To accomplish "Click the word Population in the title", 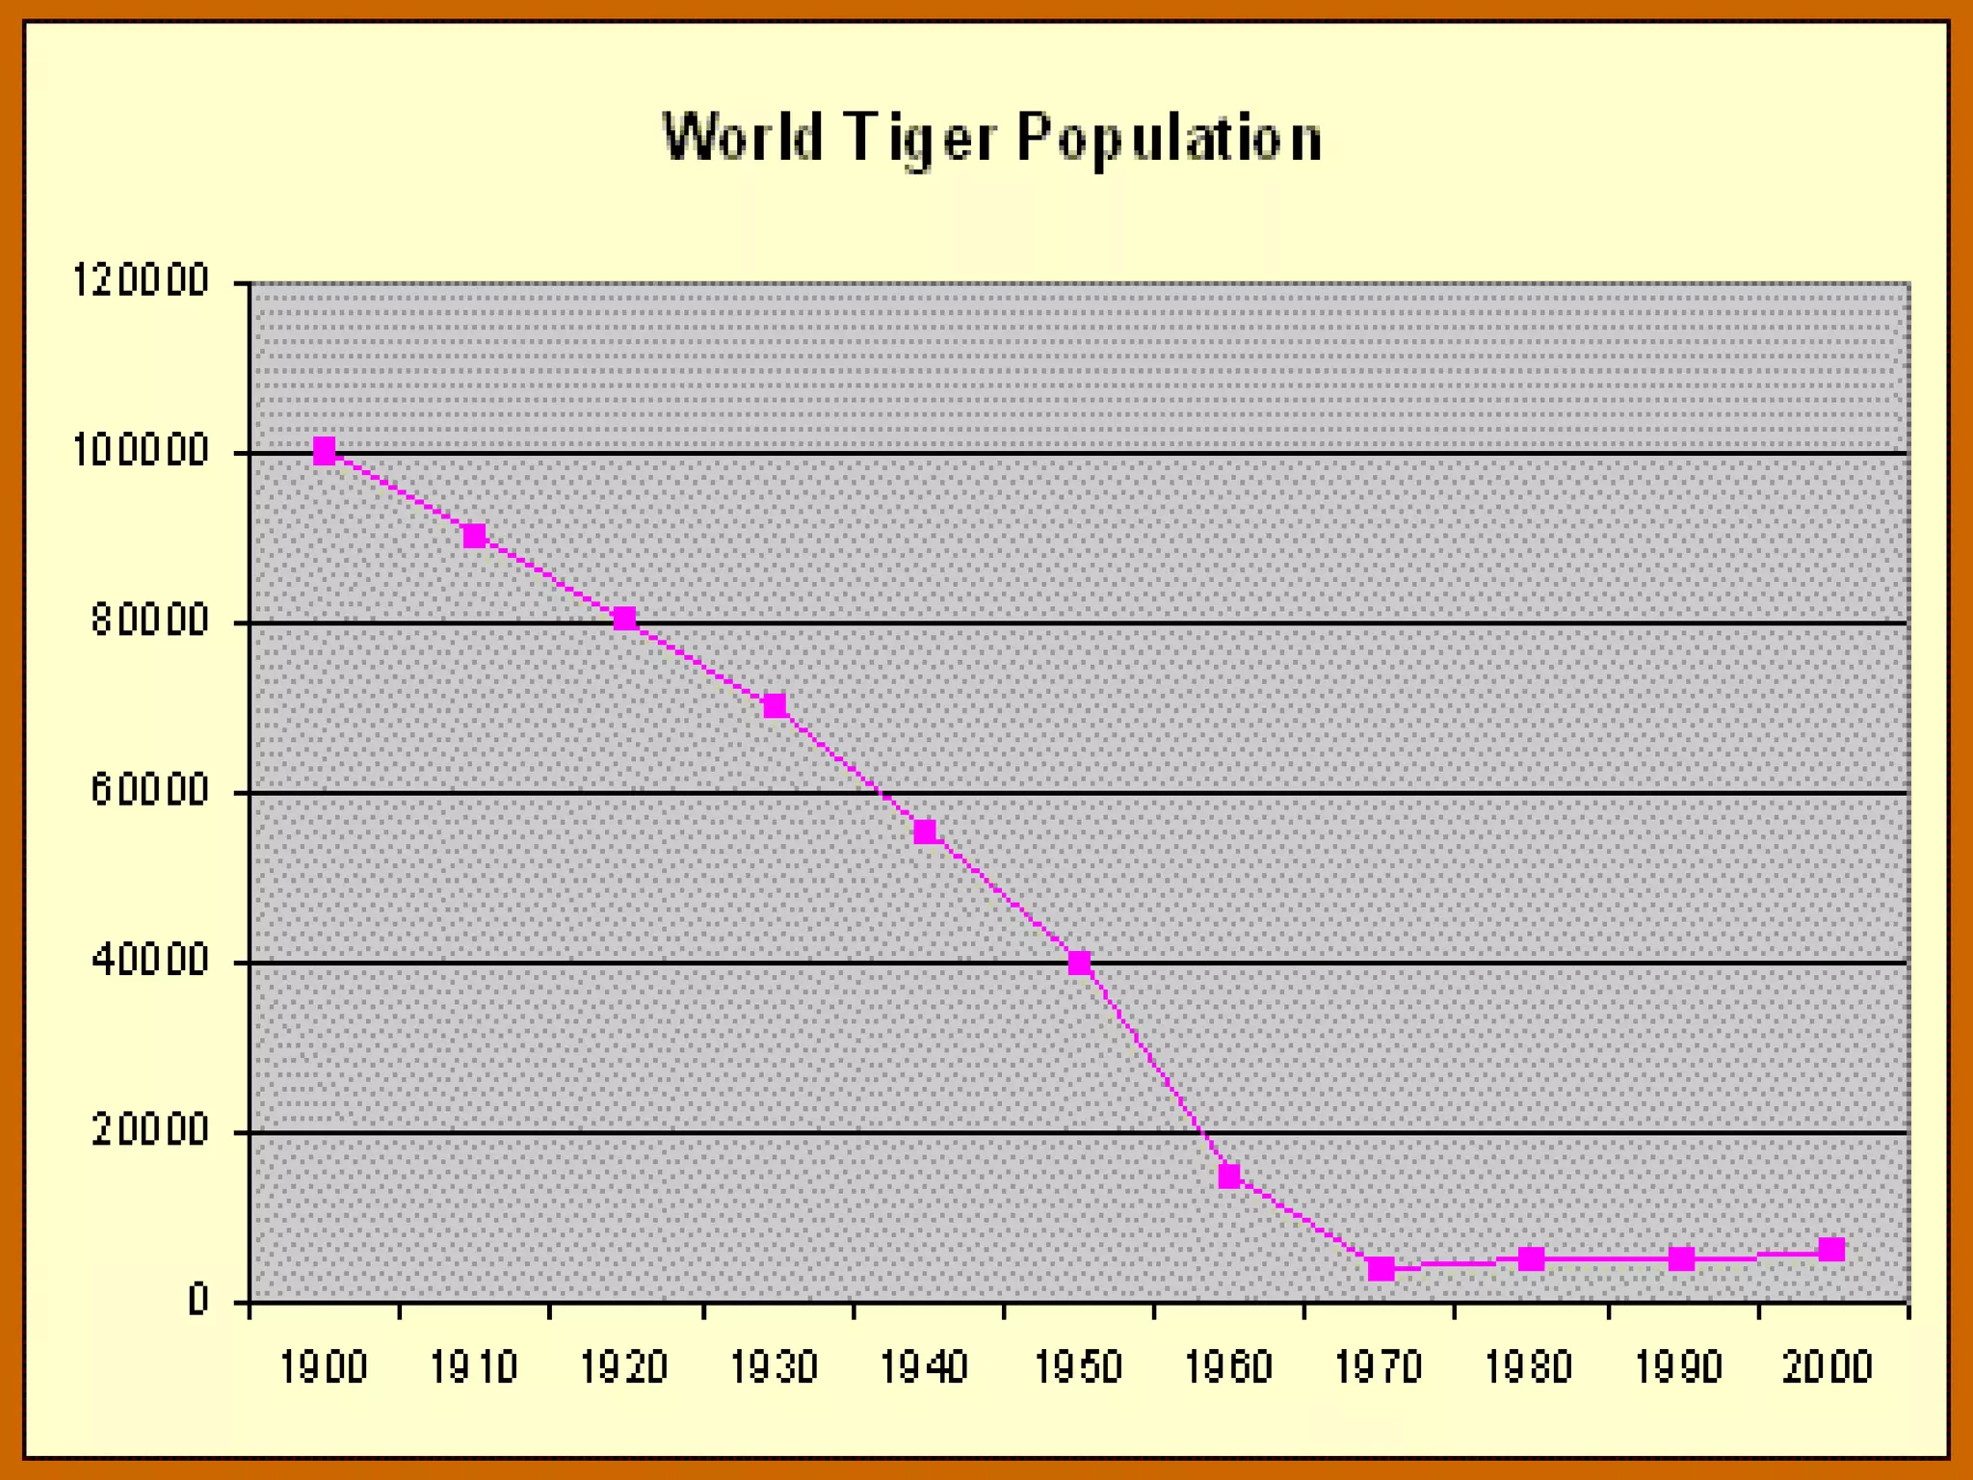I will point(1170,138).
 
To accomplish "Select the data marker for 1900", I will point(325,451).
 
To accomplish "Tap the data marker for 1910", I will point(475,536).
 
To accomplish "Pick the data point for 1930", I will point(775,705).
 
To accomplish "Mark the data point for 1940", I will point(925,832).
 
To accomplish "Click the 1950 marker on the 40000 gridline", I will point(1079,963).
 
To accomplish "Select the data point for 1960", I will point(1229,1176).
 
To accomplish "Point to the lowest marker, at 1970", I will point(1381,1268).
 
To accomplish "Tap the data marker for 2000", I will point(1831,1250).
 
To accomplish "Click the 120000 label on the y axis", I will point(142,281).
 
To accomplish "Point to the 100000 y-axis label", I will point(142,451).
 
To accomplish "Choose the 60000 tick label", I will point(150,791).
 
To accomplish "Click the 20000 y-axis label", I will point(150,1131).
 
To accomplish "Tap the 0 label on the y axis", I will point(197,1301).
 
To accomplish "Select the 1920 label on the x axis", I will point(624,1367).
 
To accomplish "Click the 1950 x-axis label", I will point(1079,1367).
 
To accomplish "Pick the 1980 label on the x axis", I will point(1530,1367).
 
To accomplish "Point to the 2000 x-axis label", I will point(1828,1367).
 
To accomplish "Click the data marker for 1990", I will point(1681,1258).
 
